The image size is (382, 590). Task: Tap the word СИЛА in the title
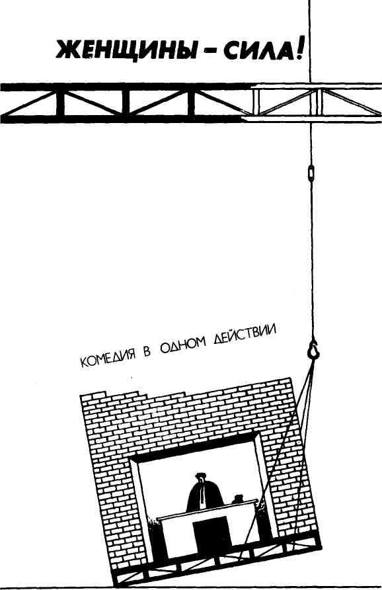point(256,50)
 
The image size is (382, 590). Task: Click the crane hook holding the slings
point(313,349)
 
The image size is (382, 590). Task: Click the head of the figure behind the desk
point(200,477)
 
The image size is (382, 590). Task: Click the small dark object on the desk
point(238,499)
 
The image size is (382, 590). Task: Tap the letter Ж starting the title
point(67,51)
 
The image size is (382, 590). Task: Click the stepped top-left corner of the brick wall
point(94,395)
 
